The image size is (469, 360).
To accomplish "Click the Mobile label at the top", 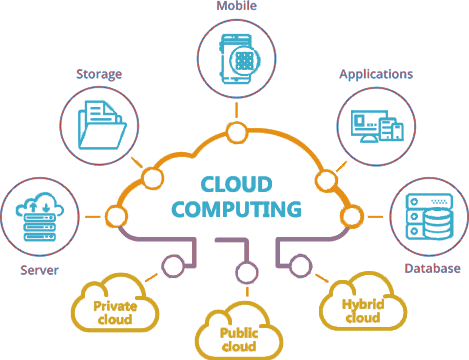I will tap(237, 6).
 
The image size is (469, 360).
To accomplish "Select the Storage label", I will tap(99, 73).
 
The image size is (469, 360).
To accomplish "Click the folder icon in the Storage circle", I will tap(101, 124).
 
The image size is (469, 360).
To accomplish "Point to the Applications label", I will tap(376, 74).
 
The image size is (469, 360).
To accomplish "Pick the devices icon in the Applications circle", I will tap(376, 124).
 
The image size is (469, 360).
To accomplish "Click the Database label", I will tap(432, 268).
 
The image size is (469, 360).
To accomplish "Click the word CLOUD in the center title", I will tap(237, 185).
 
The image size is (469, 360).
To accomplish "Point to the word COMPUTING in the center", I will tap(236, 210).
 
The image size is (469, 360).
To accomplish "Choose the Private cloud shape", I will tap(115, 306).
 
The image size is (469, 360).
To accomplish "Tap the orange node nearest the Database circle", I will tap(349, 215).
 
